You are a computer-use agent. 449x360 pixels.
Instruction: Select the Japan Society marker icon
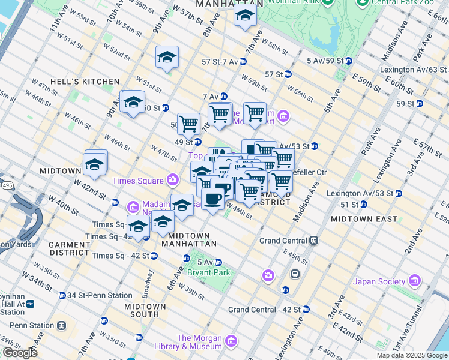414,281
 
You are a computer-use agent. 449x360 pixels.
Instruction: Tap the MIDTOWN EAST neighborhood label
364,219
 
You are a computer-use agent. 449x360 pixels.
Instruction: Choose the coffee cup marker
212,199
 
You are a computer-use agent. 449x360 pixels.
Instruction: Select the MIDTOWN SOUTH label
142,310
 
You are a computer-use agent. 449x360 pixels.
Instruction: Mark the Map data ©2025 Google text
412,355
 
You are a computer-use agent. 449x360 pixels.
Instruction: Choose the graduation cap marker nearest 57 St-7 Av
167,58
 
